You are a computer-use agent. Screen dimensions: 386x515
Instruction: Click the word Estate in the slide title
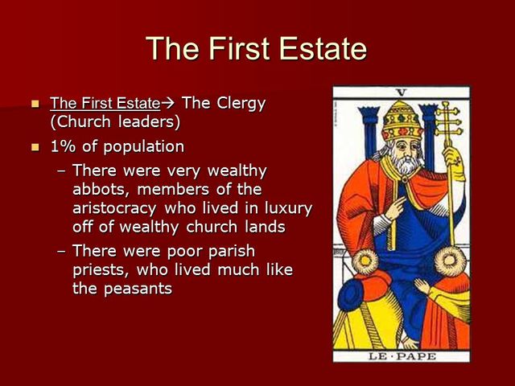click(318, 49)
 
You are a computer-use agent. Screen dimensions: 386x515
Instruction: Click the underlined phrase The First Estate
click(105, 104)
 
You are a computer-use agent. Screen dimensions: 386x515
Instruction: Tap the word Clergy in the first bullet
click(238, 103)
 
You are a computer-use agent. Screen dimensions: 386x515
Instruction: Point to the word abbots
click(99, 189)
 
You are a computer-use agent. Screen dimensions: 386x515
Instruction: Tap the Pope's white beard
click(398, 165)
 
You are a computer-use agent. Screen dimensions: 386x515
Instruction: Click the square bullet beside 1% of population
click(35, 147)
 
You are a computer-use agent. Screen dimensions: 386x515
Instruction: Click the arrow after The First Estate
click(167, 104)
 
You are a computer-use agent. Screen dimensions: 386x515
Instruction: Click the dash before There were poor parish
click(63, 252)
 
